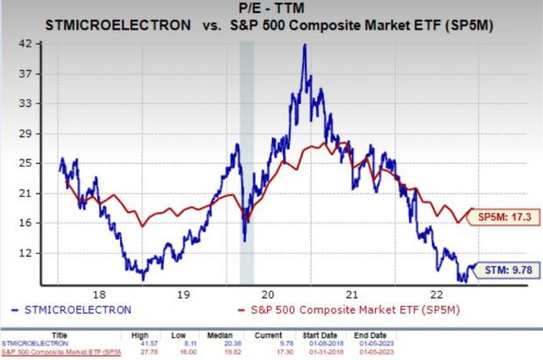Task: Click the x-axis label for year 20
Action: (269, 294)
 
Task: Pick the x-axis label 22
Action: (435, 294)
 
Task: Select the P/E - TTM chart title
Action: (271, 11)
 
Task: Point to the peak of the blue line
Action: (304, 46)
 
